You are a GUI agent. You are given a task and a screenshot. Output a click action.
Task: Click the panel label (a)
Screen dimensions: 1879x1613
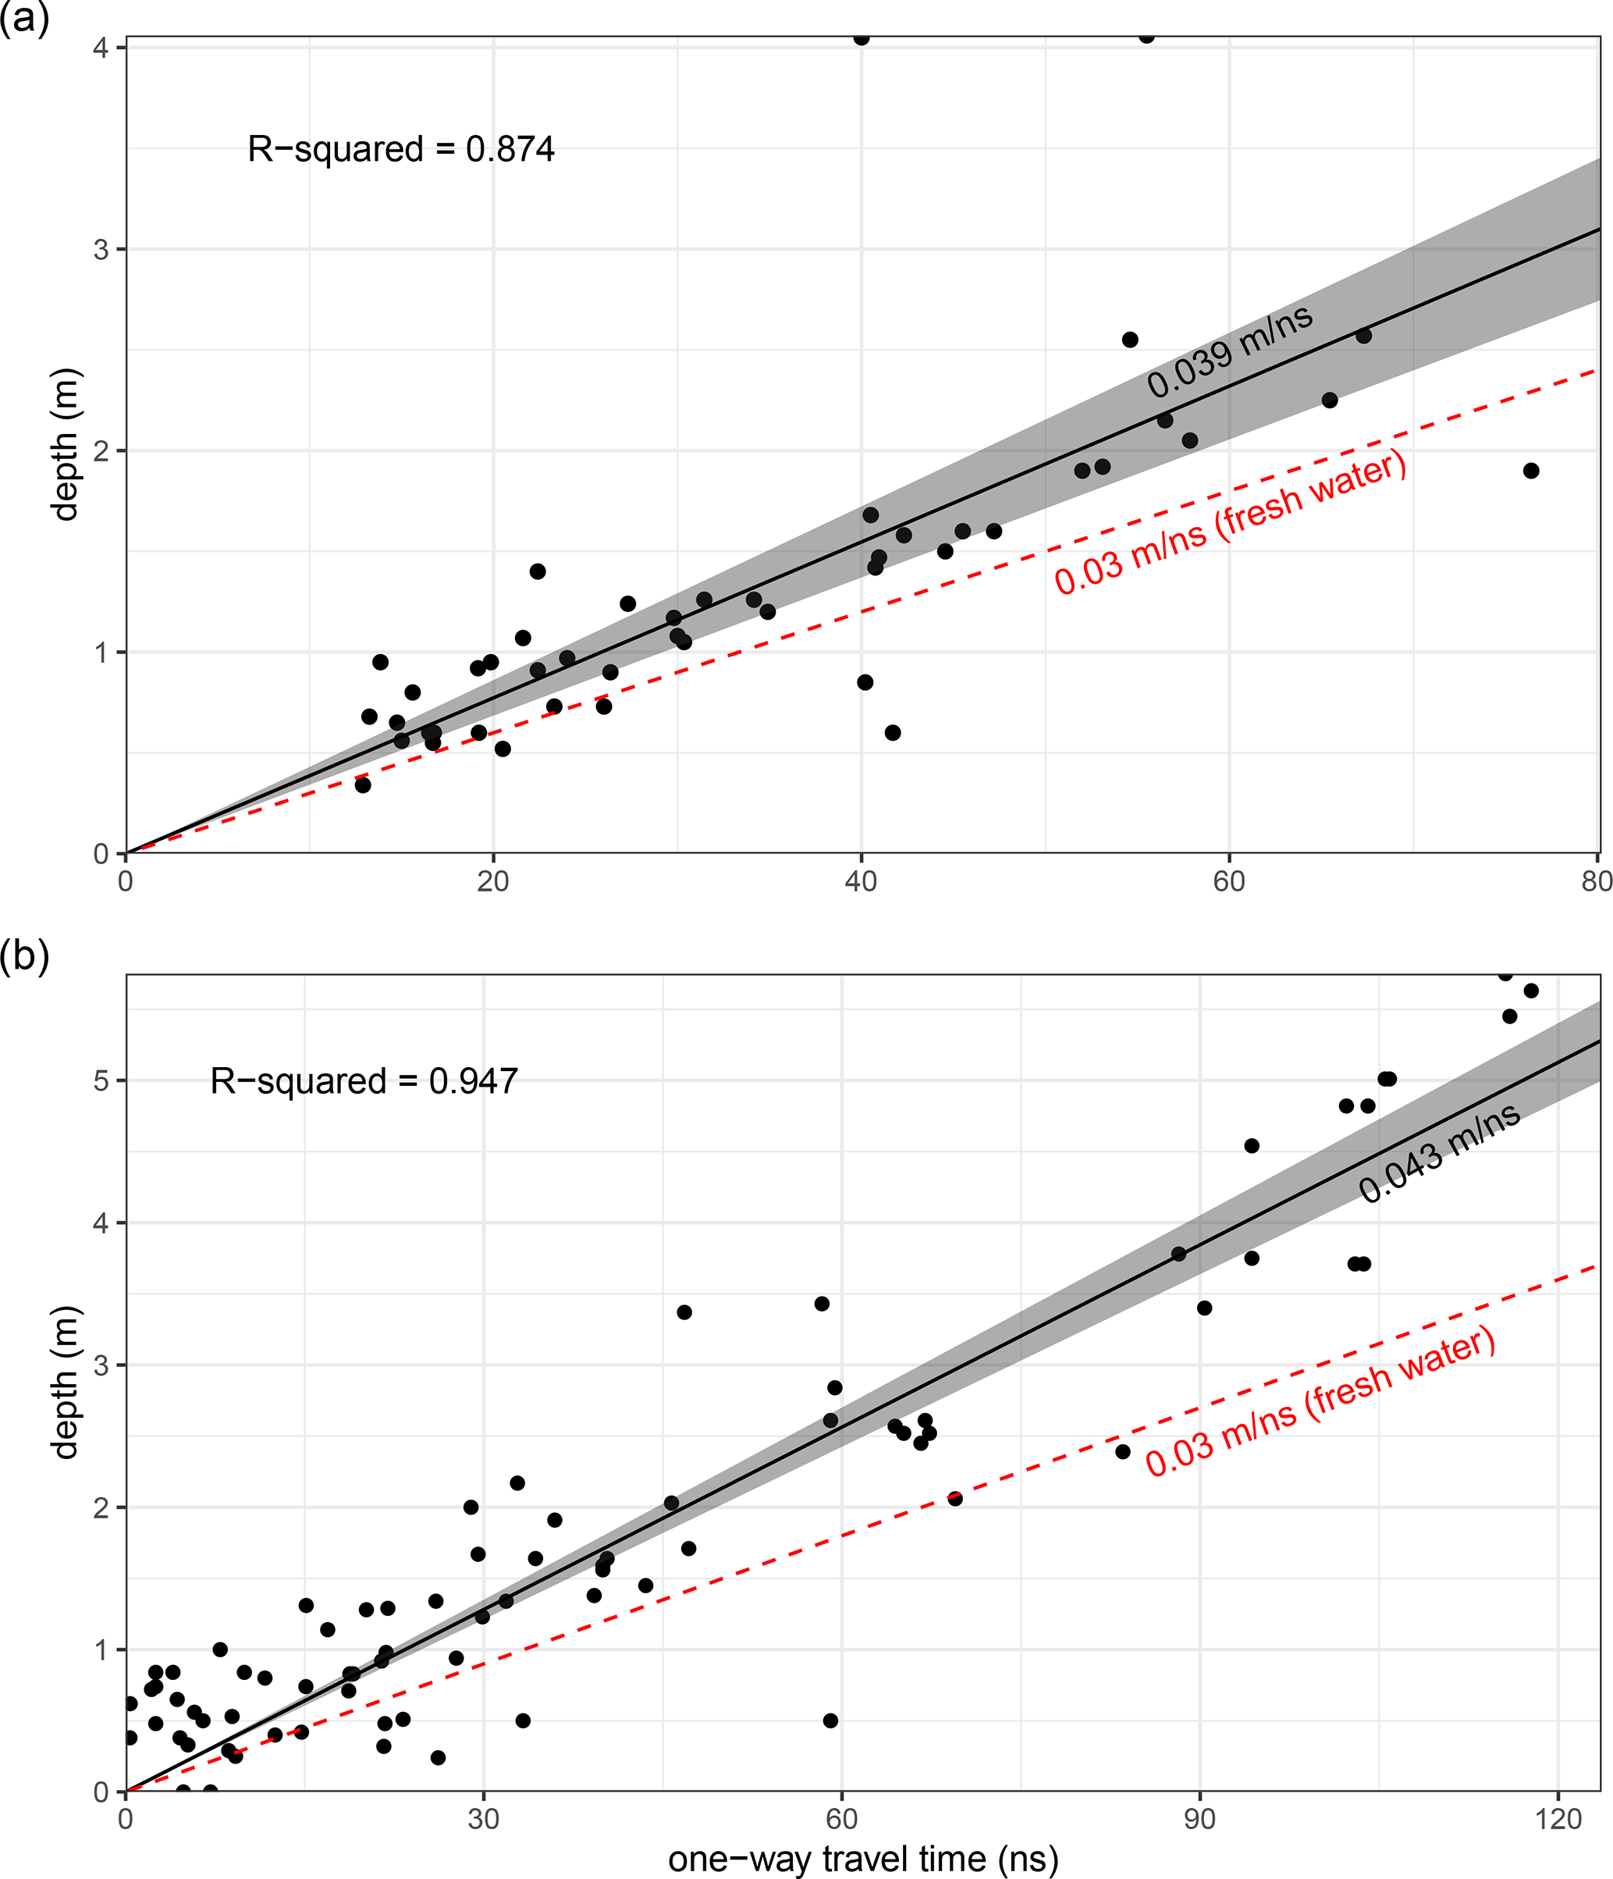coord(23,18)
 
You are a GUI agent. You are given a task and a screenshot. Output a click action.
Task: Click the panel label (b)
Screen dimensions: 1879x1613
coord(23,955)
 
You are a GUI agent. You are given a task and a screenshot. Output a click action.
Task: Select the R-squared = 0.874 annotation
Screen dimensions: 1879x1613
coord(401,149)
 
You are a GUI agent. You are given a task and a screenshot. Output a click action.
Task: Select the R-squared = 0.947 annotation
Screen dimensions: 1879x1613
coord(364,1081)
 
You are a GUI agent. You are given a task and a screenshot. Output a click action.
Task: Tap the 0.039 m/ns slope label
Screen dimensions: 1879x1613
coord(1230,351)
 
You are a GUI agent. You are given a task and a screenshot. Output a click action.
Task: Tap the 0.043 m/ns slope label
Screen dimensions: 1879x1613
coord(1439,1154)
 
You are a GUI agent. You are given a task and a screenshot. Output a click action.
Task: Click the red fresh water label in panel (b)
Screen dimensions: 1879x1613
coord(1320,1402)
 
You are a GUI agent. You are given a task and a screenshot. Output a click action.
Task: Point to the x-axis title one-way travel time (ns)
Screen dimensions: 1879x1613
coord(863,1858)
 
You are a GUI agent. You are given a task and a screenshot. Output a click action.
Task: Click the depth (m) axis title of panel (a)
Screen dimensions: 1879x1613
coord(66,444)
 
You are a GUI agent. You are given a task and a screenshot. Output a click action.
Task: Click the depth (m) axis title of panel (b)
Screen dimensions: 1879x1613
coord(66,1382)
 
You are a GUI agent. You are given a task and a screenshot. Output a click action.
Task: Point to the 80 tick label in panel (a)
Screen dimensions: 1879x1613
coord(1597,881)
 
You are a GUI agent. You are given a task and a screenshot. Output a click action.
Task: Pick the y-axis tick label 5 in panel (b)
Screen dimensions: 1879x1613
coord(101,1081)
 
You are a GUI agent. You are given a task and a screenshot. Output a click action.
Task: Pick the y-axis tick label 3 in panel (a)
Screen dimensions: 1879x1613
coord(101,249)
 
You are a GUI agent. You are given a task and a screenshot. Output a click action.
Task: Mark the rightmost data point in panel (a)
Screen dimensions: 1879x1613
coord(1531,471)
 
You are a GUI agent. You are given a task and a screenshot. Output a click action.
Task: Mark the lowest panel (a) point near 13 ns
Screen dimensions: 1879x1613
coord(363,785)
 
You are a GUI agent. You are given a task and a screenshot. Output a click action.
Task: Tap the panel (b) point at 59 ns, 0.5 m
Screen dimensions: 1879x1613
coord(830,1721)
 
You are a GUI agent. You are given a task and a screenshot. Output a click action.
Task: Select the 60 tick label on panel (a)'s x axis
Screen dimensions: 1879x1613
coord(1228,881)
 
